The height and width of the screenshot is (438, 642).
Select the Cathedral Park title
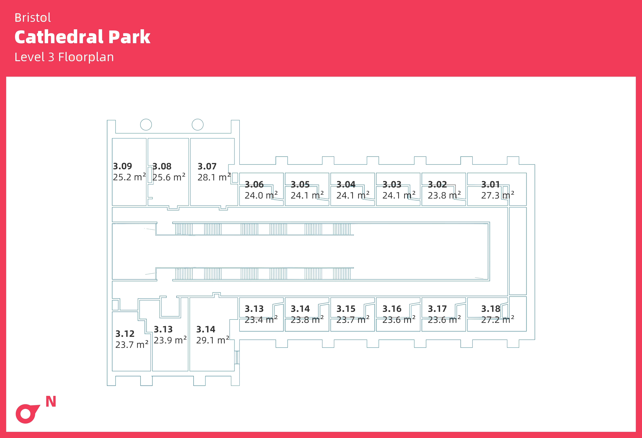click(82, 37)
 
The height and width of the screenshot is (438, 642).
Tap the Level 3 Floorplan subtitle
click(64, 57)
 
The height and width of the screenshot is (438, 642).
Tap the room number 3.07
click(207, 166)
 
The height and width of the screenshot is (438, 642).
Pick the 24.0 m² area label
click(261, 195)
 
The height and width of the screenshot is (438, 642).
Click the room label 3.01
click(491, 184)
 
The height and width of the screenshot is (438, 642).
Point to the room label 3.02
click(437, 184)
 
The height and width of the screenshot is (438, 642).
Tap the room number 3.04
click(346, 184)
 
